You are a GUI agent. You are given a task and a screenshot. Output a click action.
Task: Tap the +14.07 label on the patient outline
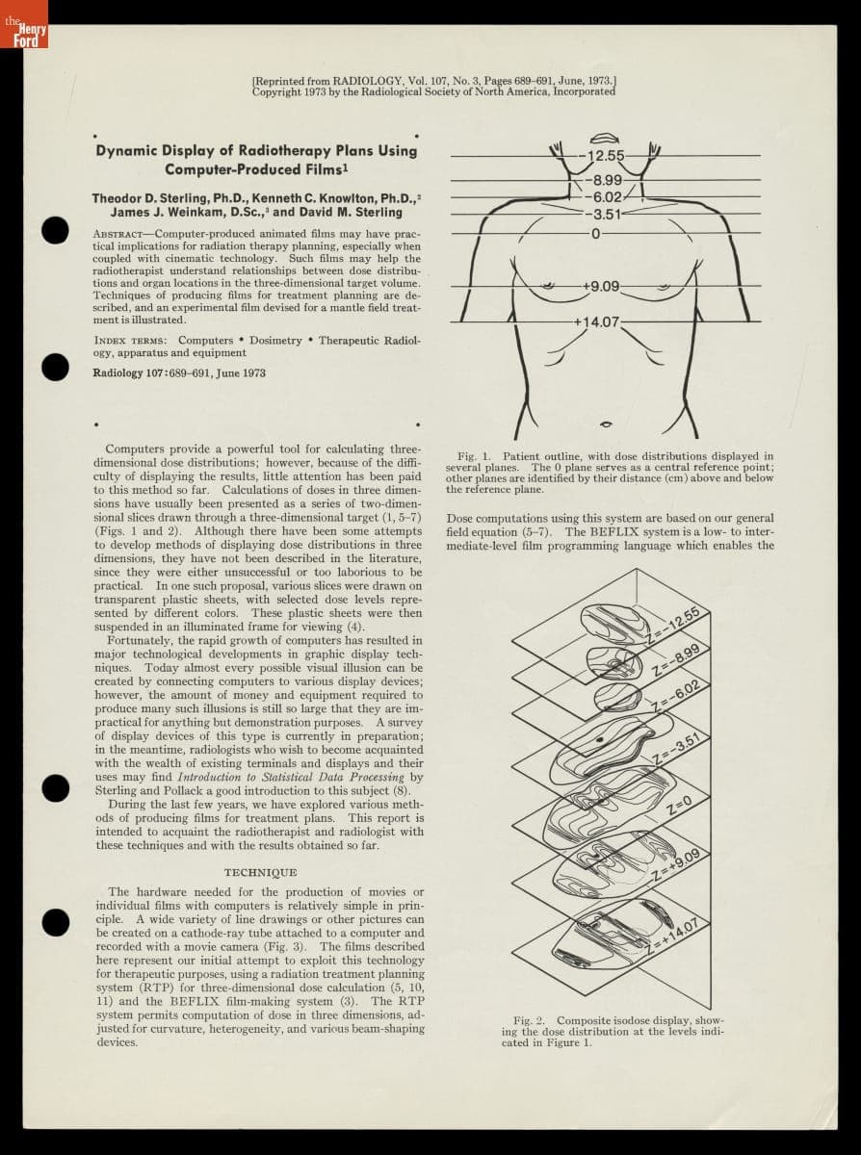click(596, 321)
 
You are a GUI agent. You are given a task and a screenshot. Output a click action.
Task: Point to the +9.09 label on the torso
click(601, 286)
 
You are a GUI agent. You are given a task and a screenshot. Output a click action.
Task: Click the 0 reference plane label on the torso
click(595, 233)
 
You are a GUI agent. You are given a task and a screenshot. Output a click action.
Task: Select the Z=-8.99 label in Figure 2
click(673, 662)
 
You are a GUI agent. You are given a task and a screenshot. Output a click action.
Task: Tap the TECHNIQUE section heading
click(260, 872)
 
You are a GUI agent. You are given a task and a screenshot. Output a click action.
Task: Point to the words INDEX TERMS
click(130, 340)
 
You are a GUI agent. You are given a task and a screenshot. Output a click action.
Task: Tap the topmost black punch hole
click(57, 231)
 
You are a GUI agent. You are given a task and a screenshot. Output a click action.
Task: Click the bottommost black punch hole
click(57, 921)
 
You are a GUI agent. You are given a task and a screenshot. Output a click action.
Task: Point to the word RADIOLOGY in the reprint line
click(346, 82)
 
